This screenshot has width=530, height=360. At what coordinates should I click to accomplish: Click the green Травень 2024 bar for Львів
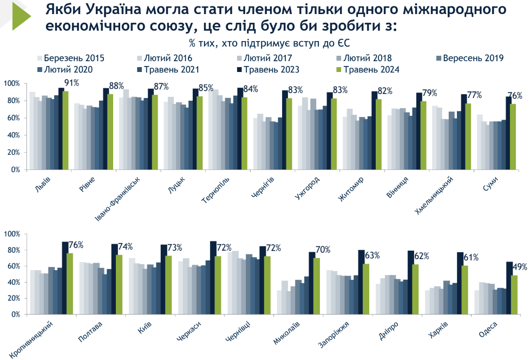66,130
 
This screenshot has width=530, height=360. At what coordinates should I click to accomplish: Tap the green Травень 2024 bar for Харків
464,290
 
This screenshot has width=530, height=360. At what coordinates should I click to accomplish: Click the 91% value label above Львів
72,83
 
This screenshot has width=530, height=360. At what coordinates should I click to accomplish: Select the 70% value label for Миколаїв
324,250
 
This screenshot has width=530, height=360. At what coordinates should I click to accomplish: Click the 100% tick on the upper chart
12,83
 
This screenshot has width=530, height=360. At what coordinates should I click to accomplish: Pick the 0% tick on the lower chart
15,314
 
